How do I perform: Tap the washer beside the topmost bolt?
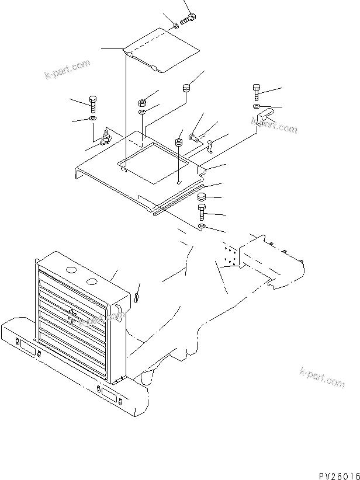pyautogui.click(x=176, y=25)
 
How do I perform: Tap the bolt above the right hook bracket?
pyautogui.click(x=257, y=93)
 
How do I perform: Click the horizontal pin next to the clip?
pyautogui.click(x=193, y=138)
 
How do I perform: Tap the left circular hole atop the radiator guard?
pyautogui.click(x=71, y=271)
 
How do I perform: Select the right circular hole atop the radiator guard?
pyautogui.click(x=91, y=283)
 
